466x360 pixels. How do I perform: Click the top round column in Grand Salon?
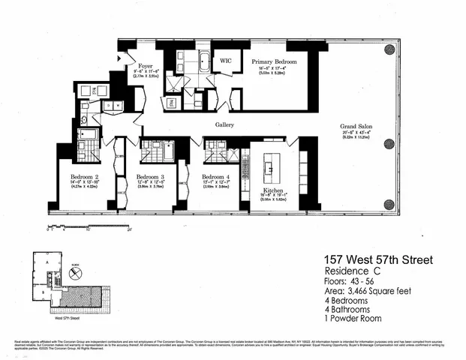click(x=389, y=49)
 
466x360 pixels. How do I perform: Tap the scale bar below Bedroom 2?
click(x=68, y=224)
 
